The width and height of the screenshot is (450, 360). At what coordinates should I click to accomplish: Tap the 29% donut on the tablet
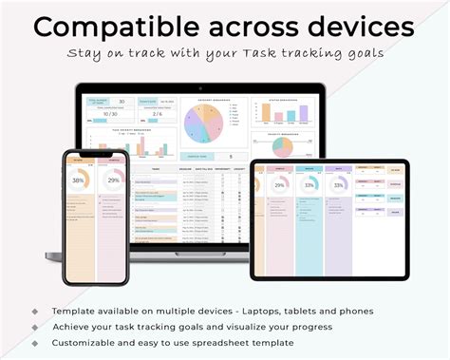pos(280,185)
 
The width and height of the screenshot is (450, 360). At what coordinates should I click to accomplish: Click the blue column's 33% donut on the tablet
pos(310,185)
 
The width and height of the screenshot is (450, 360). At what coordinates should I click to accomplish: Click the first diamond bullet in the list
pos(35,311)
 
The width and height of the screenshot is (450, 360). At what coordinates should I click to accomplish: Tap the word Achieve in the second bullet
pos(75,327)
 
